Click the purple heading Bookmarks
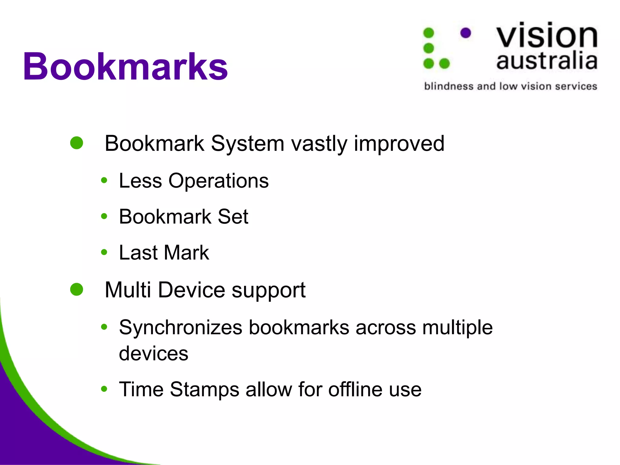[x=125, y=67]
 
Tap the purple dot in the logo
[x=466, y=33]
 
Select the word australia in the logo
[x=547, y=61]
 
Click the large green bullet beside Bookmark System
[x=77, y=143]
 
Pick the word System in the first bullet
[x=247, y=143]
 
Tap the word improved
[x=399, y=143]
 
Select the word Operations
[x=218, y=181]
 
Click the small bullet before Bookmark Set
[x=104, y=216]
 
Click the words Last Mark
[x=164, y=252]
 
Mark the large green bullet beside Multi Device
[x=77, y=289]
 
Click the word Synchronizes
[x=181, y=328]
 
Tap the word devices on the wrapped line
[x=153, y=353]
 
